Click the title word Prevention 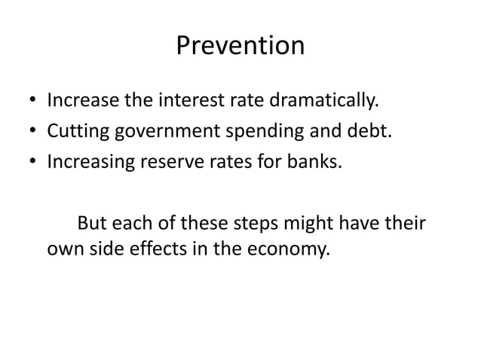tap(240, 47)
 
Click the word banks tap(317, 162)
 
